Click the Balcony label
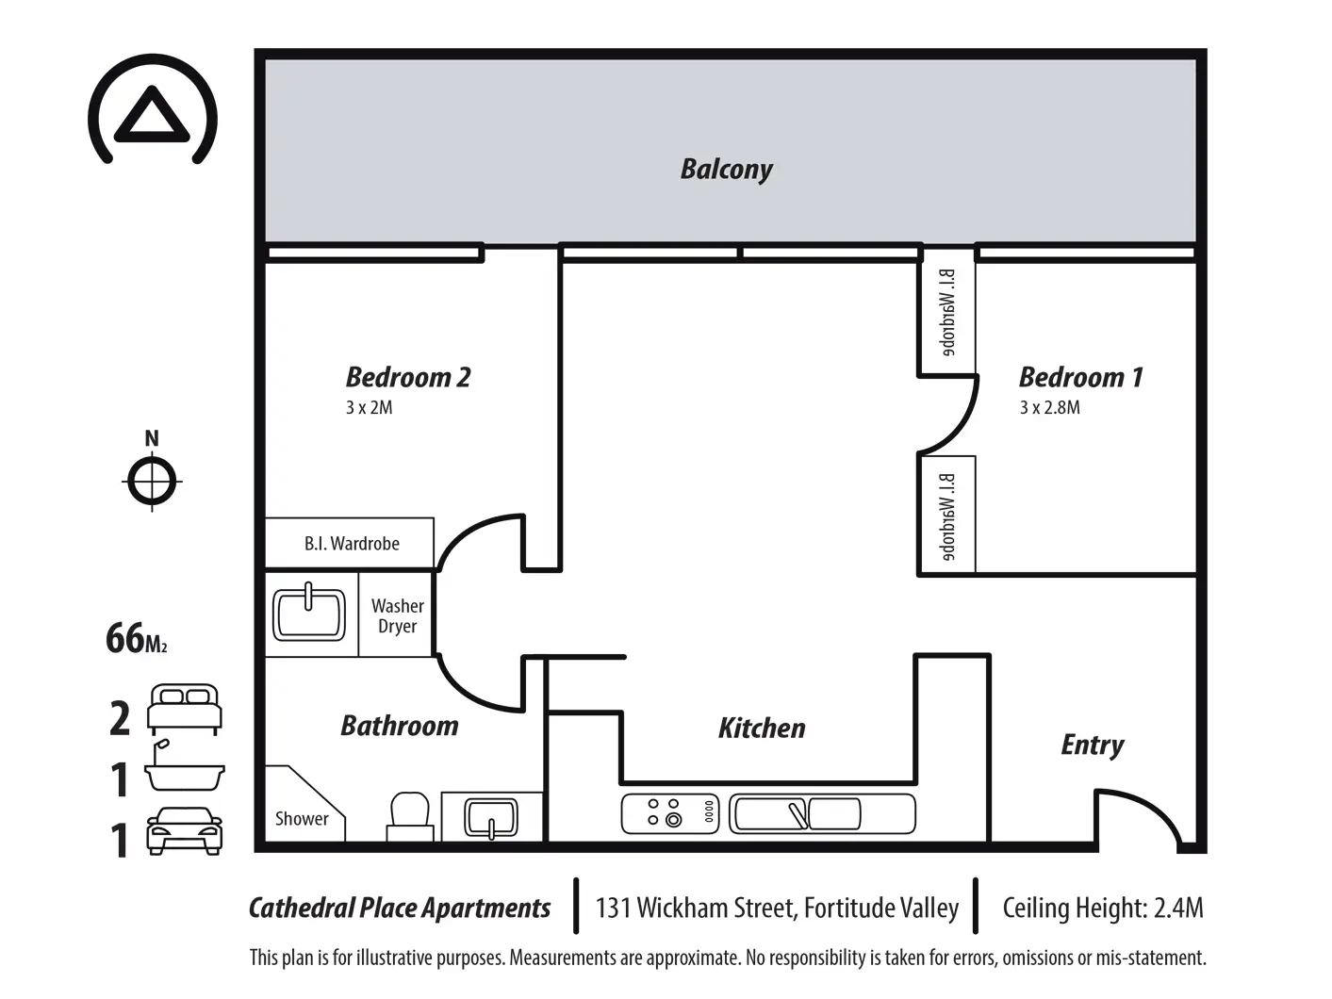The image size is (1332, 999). [726, 170]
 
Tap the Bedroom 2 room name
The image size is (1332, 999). [408, 377]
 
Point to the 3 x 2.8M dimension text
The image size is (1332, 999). [1049, 407]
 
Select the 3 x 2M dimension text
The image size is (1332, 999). [369, 407]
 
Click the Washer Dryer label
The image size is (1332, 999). [398, 615]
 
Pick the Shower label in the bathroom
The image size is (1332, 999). [302, 818]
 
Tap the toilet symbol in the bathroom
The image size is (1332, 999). [410, 816]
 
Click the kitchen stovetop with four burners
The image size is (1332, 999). [670, 812]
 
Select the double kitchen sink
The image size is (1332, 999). [822, 813]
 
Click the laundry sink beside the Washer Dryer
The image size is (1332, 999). [309, 614]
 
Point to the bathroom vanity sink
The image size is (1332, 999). [491, 818]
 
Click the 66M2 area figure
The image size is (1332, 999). [136, 638]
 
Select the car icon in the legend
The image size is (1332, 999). [185, 831]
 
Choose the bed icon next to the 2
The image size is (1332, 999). [185, 710]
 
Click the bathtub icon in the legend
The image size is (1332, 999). [184, 766]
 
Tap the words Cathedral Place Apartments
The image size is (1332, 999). [400, 908]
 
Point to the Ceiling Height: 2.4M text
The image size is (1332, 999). [1103, 908]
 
